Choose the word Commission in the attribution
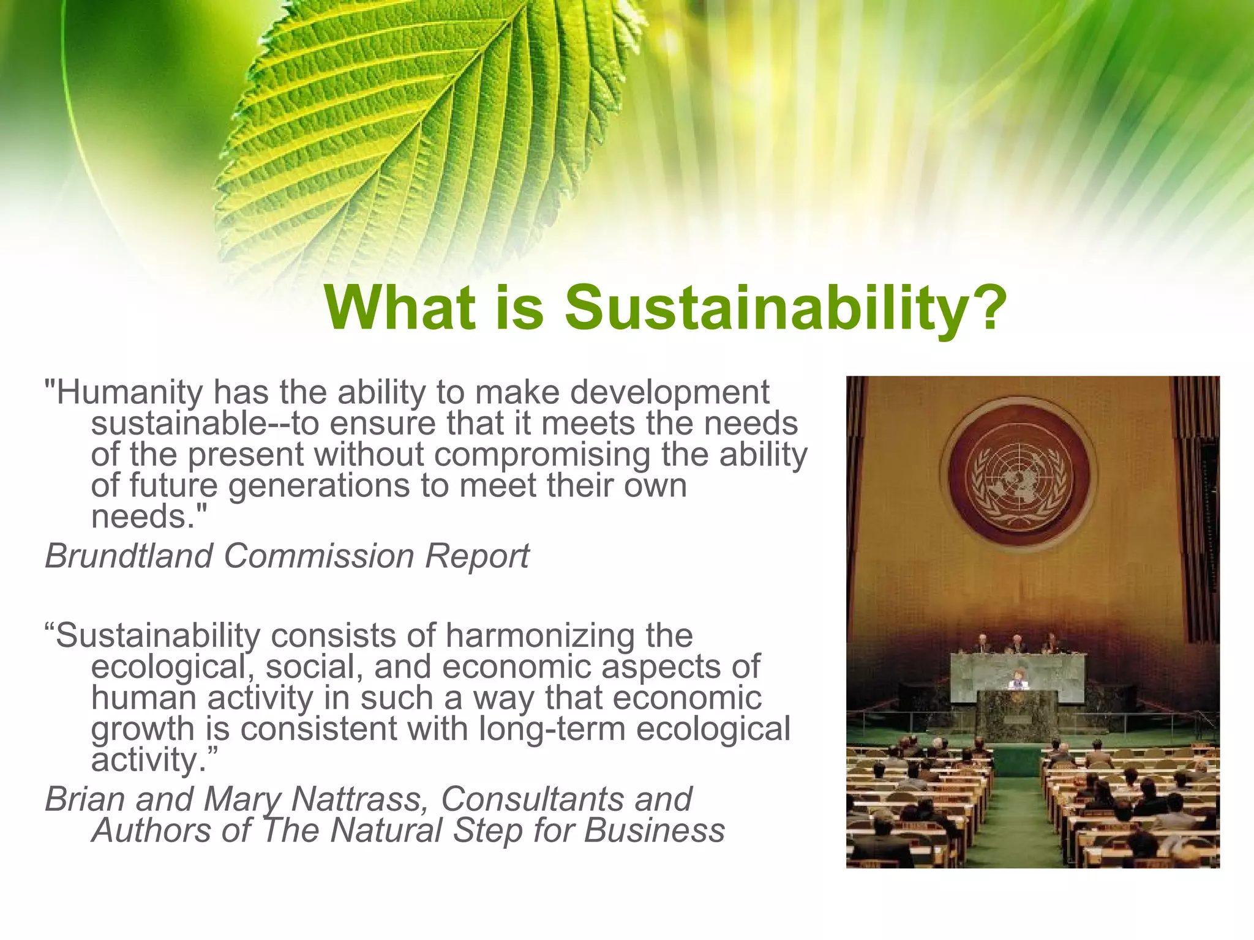(319, 556)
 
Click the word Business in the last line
(654, 831)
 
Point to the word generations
(319, 486)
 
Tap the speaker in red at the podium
(1018, 679)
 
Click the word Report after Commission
(477, 556)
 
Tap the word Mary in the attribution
(242, 799)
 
